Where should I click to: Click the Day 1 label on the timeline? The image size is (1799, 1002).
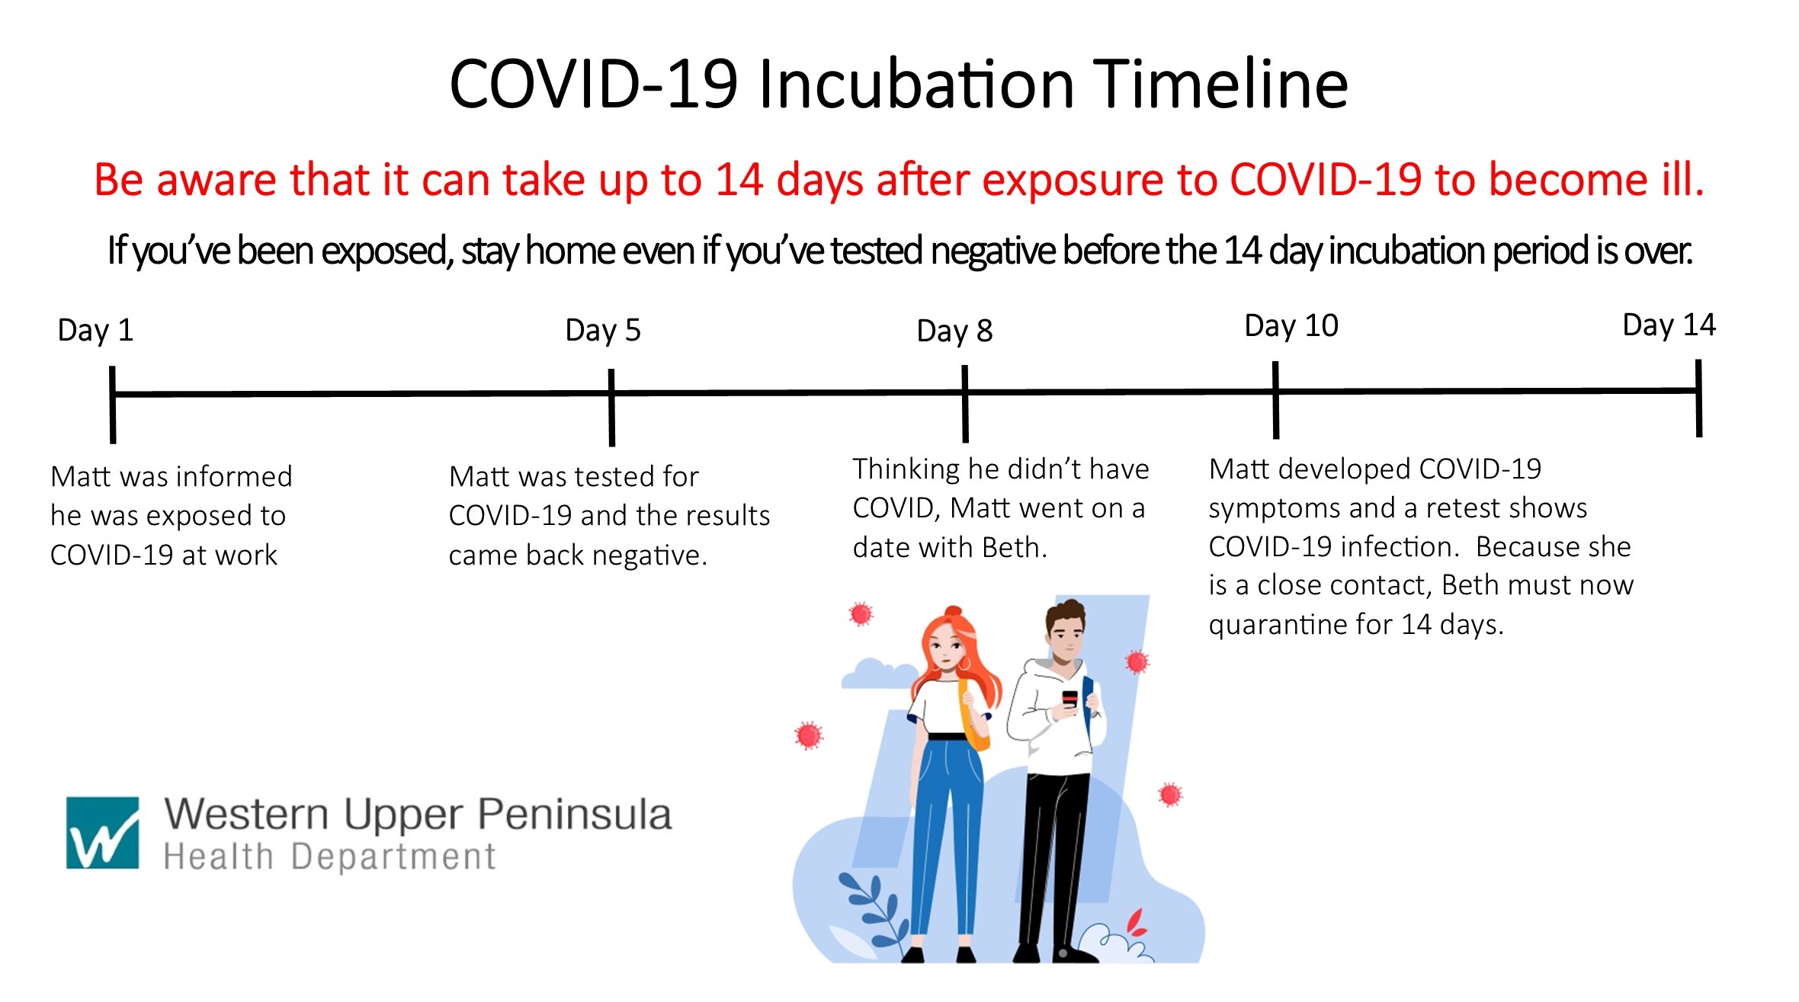point(95,331)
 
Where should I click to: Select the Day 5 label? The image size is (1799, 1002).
point(603,331)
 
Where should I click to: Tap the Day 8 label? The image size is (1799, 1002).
point(954,331)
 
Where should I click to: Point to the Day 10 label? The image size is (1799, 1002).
point(1291,326)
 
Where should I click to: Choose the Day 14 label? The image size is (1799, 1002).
point(1669,325)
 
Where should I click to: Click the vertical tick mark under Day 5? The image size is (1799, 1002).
point(611,408)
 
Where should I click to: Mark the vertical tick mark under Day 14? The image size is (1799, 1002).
point(1698,398)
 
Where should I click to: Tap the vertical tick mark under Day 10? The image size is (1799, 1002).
point(1275,400)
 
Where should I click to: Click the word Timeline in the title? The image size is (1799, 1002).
point(1221,84)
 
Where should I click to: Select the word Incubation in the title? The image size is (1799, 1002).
point(916,84)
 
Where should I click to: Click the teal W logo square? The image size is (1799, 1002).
point(103,833)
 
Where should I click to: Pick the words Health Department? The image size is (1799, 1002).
point(329,856)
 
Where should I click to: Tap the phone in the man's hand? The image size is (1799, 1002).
point(1069,699)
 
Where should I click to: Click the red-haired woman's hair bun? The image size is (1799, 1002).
point(953,614)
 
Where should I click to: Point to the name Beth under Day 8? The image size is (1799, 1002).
point(1015,548)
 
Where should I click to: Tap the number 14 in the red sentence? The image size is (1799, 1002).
point(739,180)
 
